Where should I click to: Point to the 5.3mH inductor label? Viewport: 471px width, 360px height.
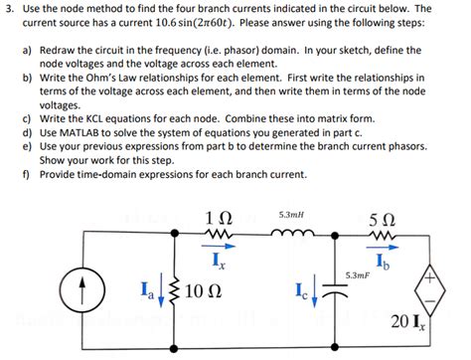293,213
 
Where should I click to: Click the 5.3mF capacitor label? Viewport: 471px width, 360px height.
359,273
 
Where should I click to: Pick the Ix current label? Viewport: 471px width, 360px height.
218,260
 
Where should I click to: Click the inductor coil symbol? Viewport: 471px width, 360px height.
294,237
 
